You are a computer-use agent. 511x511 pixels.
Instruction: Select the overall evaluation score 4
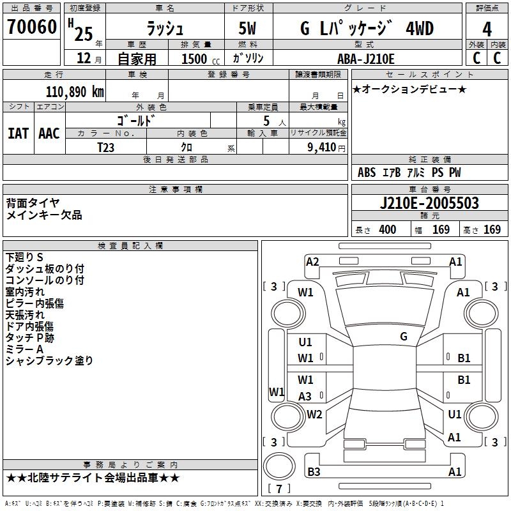487,29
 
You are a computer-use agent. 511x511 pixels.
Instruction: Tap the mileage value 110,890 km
75,91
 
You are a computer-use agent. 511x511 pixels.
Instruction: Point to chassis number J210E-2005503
429,204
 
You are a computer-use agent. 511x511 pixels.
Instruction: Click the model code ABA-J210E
366,59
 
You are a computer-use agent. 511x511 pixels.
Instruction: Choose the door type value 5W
248,29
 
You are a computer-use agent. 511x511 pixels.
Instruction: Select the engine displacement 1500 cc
197,59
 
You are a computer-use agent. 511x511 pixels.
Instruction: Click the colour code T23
107,147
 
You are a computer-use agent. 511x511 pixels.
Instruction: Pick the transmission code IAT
19,133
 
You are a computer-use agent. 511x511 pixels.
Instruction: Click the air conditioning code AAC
49,133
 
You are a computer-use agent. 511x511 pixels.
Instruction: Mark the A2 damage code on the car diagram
312,261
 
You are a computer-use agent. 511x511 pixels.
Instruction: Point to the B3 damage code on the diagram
314,472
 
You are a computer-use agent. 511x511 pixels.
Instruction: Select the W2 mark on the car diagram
314,414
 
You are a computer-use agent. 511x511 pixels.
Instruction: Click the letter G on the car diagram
404,337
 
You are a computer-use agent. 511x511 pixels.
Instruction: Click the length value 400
387,230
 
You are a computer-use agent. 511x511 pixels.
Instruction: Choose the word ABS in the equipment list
367,172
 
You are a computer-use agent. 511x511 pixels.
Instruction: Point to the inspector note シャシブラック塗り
49,361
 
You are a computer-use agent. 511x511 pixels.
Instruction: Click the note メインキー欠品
44,215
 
